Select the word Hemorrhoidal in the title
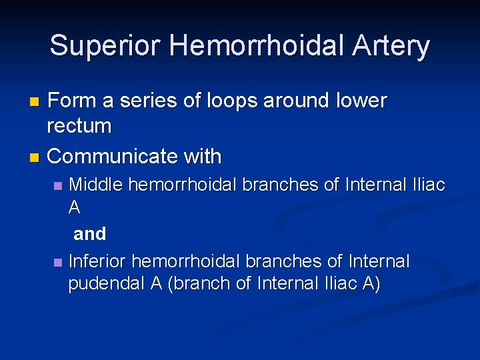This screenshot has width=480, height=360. pos(255,46)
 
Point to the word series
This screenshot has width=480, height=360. pos(146,101)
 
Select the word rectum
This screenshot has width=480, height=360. pos(79,126)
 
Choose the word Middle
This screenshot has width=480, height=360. pos(96,185)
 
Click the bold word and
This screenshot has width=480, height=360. pos(89,234)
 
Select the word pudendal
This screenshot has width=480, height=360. pos(107,283)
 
